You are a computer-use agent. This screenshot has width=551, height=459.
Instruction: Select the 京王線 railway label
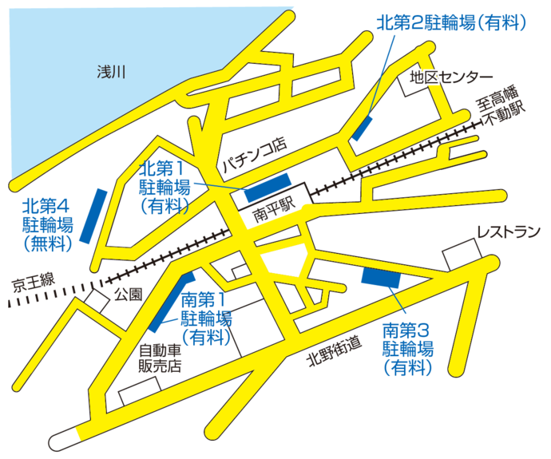(x=33, y=281)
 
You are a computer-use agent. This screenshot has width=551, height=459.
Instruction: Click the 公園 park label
(x=128, y=294)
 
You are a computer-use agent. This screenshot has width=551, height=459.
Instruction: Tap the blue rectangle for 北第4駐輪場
(x=93, y=216)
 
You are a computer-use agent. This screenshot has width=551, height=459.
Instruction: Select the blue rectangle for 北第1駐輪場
(x=268, y=188)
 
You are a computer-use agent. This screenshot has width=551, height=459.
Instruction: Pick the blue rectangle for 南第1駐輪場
(x=171, y=302)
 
